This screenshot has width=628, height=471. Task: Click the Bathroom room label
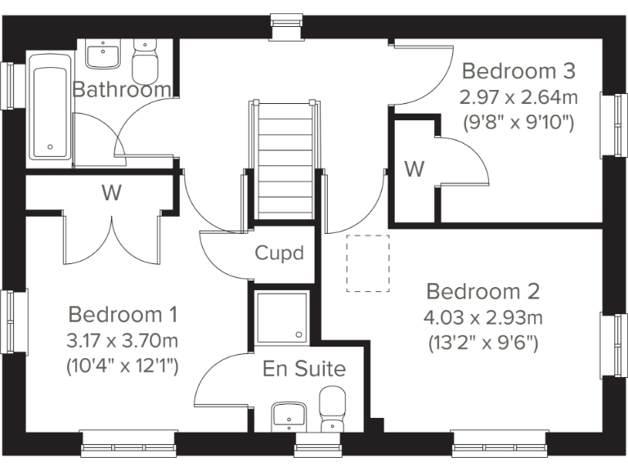[123, 89]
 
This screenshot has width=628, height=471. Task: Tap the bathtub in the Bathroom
[51, 106]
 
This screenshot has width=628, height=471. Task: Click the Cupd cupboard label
[280, 253]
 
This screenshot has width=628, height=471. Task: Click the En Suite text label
[304, 369]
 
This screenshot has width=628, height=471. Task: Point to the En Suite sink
[289, 415]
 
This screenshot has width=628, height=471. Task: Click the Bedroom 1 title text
[123, 315]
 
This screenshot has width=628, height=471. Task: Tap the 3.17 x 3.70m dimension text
[123, 339]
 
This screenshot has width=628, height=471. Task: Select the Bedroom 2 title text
[483, 292]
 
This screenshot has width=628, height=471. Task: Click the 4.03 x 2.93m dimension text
[483, 317]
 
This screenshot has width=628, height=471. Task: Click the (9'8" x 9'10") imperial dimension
[518, 123]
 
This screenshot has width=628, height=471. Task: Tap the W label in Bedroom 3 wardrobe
[415, 170]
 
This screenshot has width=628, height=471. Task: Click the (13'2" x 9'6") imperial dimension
[483, 343]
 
